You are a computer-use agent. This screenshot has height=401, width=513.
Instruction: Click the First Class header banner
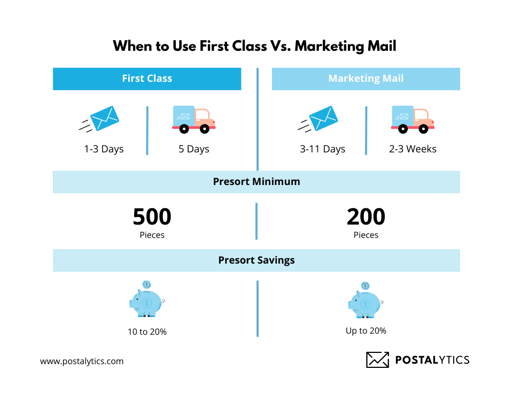click(147, 79)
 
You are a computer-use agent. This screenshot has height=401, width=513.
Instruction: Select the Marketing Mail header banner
click(366, 79)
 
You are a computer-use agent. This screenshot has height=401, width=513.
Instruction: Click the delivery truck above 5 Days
click(193, 119)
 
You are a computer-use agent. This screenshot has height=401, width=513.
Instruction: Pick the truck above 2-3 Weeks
click(412, 119)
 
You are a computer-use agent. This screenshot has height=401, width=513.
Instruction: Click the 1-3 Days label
click(104, 149)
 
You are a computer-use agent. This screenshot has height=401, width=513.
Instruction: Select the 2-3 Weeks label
click(413, 149)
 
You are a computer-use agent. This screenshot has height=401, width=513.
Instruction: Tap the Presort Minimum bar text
click(256, 182)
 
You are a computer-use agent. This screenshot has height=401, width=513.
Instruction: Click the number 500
click(152, 217)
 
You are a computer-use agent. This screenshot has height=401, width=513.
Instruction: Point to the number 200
click(366, 217)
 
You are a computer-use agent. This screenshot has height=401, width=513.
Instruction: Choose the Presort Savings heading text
click(256, 260)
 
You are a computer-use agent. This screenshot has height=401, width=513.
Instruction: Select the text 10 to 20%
click(147, 332)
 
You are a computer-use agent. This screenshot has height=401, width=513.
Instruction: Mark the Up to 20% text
click(366, 331)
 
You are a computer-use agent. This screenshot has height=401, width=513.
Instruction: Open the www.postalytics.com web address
click(82, 361)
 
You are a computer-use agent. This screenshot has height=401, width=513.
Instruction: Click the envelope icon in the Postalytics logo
click(377, 360)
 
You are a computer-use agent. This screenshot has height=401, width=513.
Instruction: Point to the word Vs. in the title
click(280, 46)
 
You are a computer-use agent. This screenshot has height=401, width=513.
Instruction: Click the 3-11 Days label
click(322, 149)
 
